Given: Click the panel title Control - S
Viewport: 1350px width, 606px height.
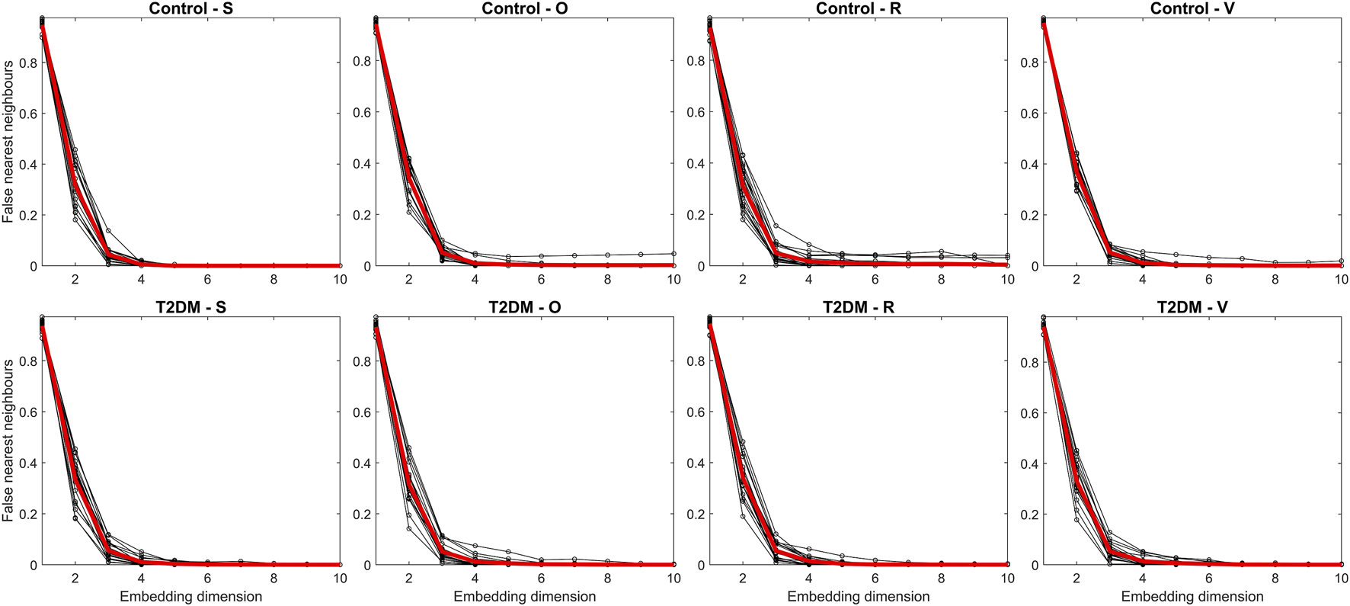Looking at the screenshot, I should coord(190,8).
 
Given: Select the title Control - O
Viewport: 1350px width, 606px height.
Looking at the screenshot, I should coord(524,8).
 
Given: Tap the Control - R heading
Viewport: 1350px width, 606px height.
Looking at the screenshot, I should coord(858,8).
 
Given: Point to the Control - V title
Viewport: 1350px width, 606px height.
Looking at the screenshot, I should coord(1192,8).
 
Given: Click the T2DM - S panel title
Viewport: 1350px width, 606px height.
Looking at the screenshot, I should coord(190,307).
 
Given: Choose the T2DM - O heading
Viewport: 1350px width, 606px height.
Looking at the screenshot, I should coord(524,307).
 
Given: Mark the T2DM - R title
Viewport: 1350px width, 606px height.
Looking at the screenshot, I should coord(858,307).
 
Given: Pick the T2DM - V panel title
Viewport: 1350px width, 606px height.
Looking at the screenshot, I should coord(1192,307).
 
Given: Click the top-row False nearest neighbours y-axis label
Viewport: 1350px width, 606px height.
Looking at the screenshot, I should coord(8,142).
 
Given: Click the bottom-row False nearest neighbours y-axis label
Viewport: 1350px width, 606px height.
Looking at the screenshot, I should coord(8,441).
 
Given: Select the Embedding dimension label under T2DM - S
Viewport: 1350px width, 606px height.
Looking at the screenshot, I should coord(190,597).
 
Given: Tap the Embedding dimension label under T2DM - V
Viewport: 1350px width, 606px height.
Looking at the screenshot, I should coord(1192,597).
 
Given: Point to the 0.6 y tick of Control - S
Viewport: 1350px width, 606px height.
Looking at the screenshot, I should coord(27,114).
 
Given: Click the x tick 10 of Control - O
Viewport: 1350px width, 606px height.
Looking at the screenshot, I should coord(673,280).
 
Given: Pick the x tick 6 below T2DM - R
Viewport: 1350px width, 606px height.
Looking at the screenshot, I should coord(875,579).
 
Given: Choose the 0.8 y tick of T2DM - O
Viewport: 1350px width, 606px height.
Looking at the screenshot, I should coord(361,361).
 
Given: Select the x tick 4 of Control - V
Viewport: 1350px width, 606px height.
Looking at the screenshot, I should coord(1142,280).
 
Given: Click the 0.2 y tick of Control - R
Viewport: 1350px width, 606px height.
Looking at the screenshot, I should coord(695,215).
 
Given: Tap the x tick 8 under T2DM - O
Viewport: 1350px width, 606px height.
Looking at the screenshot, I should coord(607,579).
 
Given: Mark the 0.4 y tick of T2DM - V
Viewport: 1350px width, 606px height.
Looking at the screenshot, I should coord(1028,463).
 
